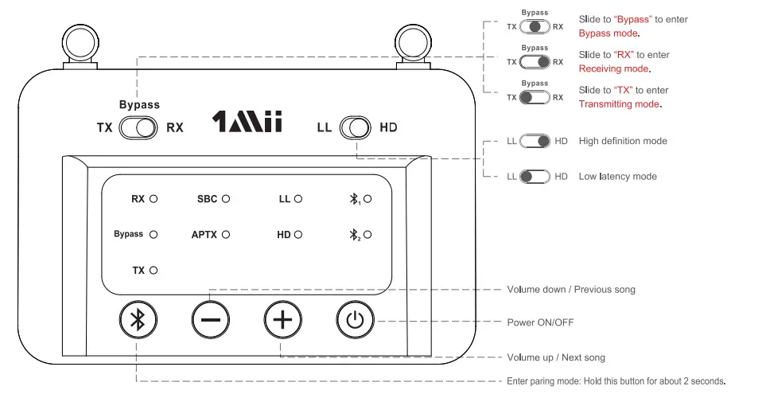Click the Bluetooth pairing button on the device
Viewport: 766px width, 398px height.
pos(138,321)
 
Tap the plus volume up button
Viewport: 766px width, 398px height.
pos(283,321)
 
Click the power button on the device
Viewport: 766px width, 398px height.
pos(355,321)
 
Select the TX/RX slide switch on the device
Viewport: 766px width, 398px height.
pos(139,127)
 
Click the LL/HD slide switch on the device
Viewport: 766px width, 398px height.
pos(355,127)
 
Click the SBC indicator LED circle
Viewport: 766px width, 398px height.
pos(226,199)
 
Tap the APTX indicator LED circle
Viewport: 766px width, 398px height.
pos(226,235)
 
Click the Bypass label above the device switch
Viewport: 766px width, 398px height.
pos(139,104)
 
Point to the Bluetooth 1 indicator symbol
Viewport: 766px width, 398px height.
pos(356,199)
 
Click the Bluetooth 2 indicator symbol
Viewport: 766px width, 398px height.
pos(356,235)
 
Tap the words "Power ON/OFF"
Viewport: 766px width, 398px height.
pos(540,322)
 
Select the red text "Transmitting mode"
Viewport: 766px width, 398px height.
pos(619,104)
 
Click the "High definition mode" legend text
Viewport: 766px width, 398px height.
pos(623,141)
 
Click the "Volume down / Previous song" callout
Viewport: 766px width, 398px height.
pos(571,289)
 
